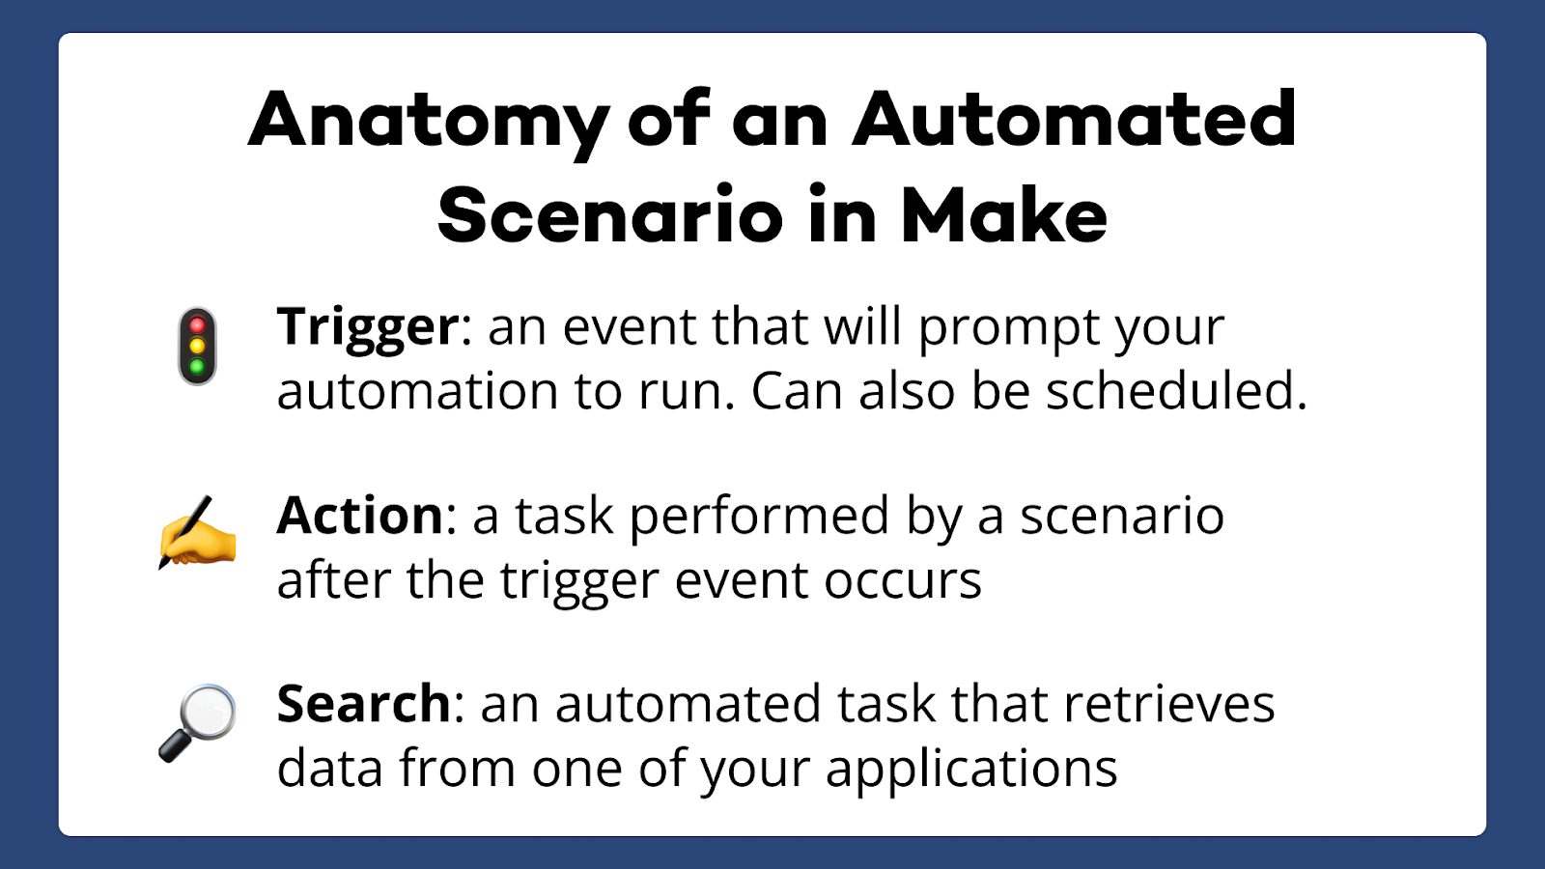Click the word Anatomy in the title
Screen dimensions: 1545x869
(x=429, y=125)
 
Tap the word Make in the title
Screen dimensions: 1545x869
(x=1003, y=213)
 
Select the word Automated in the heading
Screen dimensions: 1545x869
(x=1074, y=118)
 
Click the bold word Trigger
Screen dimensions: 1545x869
(x=368, y=329)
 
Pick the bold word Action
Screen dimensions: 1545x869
(x=359, y=516)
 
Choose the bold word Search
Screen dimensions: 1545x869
(x=363, y=704)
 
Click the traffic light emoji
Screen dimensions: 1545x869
(x=197, y=347)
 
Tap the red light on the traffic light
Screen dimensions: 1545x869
(x=197, y=324)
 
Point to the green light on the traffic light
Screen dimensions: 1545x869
(x=197, y=366)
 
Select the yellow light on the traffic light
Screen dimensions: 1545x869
(x=197, y=346)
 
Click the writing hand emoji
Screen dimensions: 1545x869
(x=198, y=532)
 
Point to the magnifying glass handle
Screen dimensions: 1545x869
(x=175, y=746)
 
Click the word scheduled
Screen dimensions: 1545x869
(x=1176, y=390)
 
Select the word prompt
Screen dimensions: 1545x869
(x=1008, y=329)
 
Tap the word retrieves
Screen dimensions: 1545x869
(x=1169, y=704)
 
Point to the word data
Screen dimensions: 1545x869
(x=329, y=768)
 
